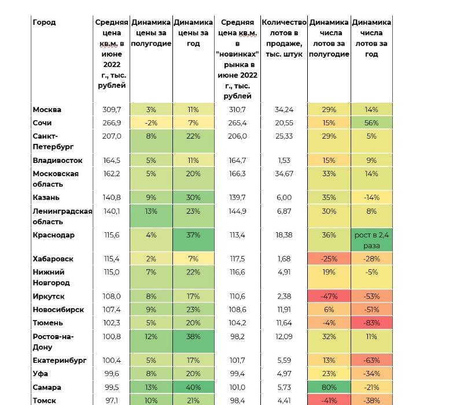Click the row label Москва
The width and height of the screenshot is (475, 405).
pos(47,110)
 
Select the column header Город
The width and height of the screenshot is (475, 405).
pos(44,23)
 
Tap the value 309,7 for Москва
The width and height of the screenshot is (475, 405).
pos(112,110)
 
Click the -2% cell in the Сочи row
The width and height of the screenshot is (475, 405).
pos(151,123)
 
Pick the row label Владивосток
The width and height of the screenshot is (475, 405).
pos(57,160)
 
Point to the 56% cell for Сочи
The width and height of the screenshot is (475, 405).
pos(371,123)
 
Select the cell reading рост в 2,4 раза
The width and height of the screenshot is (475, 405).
pos(371,240)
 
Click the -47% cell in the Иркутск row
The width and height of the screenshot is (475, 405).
pos(329,296)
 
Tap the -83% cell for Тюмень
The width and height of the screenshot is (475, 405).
pos(371,323)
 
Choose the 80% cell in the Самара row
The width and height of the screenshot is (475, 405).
pos(329,387)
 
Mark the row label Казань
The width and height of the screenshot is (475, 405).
pos(46,198)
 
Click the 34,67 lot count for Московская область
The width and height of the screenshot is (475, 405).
pos(284,174)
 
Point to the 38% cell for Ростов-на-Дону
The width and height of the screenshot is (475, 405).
pos(193,337)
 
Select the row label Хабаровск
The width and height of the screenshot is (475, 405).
pos(53,259)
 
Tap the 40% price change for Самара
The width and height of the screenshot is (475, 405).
pos(193,387)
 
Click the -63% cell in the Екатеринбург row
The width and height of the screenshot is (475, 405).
pos(371,361)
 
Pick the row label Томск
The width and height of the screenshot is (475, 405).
pos(45,400)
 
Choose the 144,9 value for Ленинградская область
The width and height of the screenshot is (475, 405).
pos(237,211)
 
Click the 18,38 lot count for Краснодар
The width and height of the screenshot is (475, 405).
pos(284,235)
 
